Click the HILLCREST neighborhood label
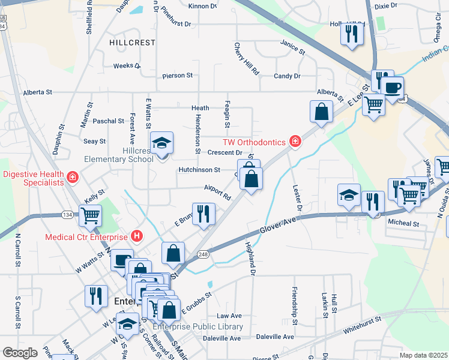pos(132,43)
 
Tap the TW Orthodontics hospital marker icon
pos(295,142)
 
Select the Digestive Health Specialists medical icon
pos(73,178)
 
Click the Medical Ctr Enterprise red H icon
pos(137,236)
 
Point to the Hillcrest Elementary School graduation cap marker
pos(161,144)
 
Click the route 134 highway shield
pos(66,215)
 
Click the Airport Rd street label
pos(217,192)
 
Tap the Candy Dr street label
pos(287,76)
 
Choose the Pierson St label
pos(177,76)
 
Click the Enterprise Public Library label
pos(198,327)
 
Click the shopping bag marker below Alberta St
pos(321,112)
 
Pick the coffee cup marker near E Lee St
pos(393,88)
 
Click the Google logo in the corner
pos(20,353)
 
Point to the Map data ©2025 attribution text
pos(423,355)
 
